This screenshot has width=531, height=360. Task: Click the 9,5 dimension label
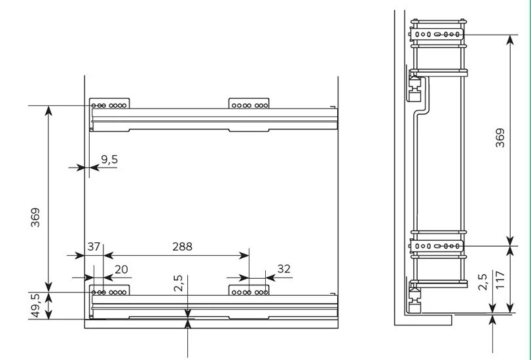[x=109, y=158]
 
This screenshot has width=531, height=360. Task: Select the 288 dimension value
[x=182, y=247]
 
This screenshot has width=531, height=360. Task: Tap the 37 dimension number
[x=94, y=247]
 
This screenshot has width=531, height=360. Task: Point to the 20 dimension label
[x=122, y=269]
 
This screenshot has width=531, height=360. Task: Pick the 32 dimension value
[x=284, y=269]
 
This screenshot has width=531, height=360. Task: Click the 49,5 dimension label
[x=35, y=306]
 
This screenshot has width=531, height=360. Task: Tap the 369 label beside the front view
[x=35, y=217]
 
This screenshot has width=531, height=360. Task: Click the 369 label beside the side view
[x=500, y=139]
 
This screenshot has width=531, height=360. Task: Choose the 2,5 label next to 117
[x=483, y=282]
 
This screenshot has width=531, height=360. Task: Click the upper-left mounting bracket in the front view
[x=110, y=104]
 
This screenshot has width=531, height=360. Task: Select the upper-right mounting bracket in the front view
[x=249, y=104]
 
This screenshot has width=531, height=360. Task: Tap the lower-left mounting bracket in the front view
[x=110, y=289]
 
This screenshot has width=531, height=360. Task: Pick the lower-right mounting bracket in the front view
[x=249, y=289]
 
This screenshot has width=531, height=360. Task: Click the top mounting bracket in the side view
[x=438, y=33]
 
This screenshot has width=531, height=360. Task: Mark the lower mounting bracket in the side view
[x=438, y=247]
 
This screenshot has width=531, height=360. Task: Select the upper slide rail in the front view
[x=213, y=118]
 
